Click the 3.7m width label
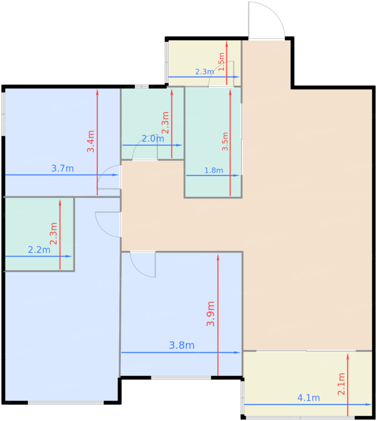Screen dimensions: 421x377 point(62,168)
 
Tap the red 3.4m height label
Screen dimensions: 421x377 point(91,141)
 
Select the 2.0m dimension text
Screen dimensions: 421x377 point(153,139)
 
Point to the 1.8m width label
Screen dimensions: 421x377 point(214,171)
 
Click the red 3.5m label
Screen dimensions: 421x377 point(225,141)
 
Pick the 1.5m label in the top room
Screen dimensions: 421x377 point(221,62)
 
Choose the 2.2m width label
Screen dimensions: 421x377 point(39,250)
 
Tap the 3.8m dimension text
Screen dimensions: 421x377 point(182,345)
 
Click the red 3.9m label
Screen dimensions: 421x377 point(211,314)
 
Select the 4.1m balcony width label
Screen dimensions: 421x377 point(309,398)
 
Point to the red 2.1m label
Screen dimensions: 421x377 point(341,384)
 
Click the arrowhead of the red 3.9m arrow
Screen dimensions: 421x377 point(218,257)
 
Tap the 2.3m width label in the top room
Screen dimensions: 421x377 point(205,72)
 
